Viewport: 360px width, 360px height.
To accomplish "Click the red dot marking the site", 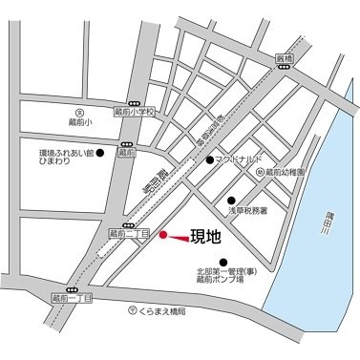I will (x=163, y=234).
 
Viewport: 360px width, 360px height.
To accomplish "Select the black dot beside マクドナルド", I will (x=210, y=160).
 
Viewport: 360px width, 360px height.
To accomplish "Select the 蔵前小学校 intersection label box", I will (x=133, y=112).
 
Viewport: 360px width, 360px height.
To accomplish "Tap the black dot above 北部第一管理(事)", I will (x=223, y=261).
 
